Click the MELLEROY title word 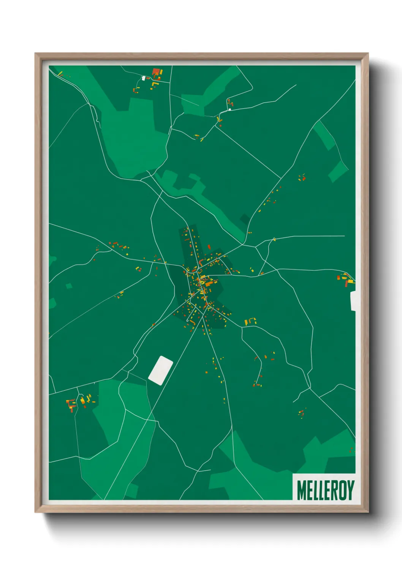(325, 490)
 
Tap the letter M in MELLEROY (301, 490)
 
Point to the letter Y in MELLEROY (350, 490)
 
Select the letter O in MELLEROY (342, 490)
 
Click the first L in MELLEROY (314, 490)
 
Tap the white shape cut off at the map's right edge (353, 301)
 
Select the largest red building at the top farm (155, 71)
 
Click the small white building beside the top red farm (144, 78)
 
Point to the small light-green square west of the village (69, 286)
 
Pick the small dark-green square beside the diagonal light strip (245, 219)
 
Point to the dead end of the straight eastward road (344, 236)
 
